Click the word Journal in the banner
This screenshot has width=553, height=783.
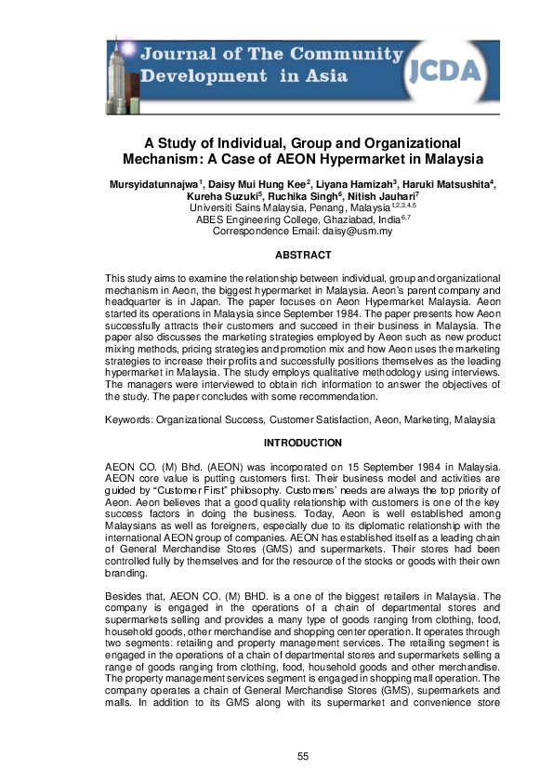(173, 55)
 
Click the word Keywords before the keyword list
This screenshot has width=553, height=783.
(129, 420)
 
